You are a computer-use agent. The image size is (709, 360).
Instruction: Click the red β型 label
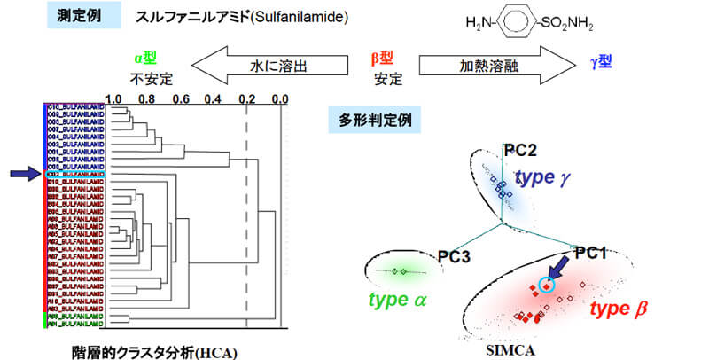(383, 59)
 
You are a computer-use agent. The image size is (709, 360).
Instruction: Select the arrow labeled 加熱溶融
(487, 64)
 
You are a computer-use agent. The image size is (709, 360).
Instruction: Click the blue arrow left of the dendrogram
(24, 175)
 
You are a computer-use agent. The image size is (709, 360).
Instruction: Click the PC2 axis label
(522, 151)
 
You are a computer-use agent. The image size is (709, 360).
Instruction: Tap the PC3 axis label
(454, 257)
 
